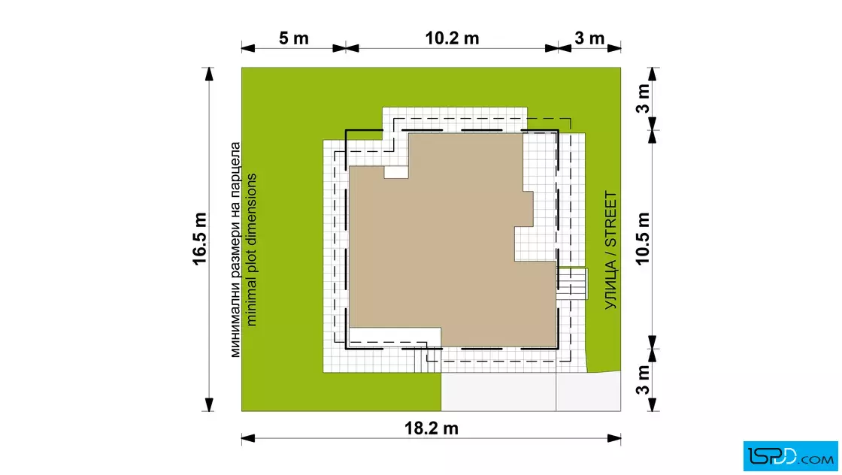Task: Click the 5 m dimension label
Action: (x=294, y=38)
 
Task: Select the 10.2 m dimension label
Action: (x=452, y=38)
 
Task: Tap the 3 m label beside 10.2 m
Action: (x=589, y=38)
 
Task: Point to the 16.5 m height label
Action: (x=199, y=239)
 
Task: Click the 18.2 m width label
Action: (x=432, y=428)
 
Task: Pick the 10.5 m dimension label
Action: (x=643, y=239)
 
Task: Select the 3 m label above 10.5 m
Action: (x=643, y=98)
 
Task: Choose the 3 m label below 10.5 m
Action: (x=643, y=380)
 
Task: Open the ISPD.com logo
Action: (x=790, y=456)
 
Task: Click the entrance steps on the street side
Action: (x=572, y=284)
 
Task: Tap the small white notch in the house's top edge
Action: (x=395, y=172)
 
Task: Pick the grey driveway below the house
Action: (x=531, y=392)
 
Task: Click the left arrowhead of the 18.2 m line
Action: (x=247, y=438)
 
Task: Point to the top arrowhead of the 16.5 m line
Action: (x=209, y=74)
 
